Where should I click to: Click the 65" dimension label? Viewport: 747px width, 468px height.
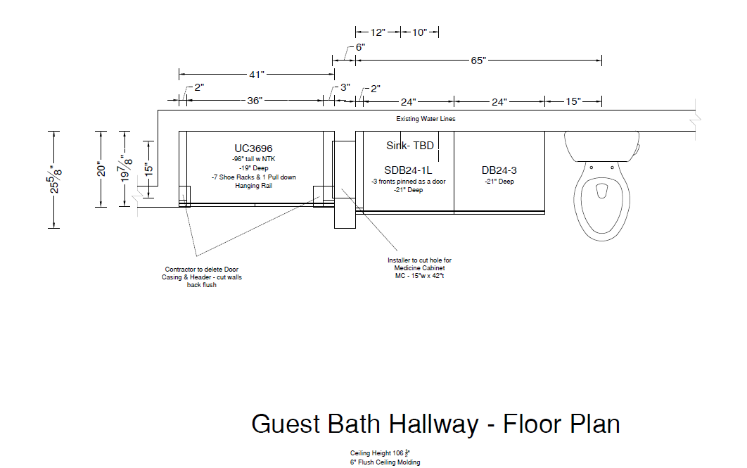tap(478, 61)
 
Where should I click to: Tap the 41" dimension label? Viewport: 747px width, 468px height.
tap(256, 74)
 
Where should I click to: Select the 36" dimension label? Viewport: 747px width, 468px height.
tap(255, 101)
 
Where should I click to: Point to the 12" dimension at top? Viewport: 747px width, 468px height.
tap(378, 32)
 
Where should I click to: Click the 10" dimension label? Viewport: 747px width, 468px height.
tap(420, 32)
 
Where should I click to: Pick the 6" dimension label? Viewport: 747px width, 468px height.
tap(359, 47)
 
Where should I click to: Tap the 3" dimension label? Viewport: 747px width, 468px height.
tap(345, 88)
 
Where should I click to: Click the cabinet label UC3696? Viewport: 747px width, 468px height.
tap(253, 148)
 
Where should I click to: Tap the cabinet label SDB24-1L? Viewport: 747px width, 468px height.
tap(407, 170)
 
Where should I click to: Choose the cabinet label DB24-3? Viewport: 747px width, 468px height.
tap(499, 170)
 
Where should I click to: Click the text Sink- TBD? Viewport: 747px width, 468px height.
tap(410, 146)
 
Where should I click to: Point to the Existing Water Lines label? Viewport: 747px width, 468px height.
tap(426, 119)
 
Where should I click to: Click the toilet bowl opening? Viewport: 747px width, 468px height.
tap(601, 191)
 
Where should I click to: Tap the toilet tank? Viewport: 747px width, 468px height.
tap(601, 145)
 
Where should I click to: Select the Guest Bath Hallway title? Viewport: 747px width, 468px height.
tap(435, 424)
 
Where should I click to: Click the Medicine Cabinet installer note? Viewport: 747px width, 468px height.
tap(419, 268)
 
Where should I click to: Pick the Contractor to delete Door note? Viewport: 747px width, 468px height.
tap(201, 277)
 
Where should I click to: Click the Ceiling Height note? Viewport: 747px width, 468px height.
tap(381, 453)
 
